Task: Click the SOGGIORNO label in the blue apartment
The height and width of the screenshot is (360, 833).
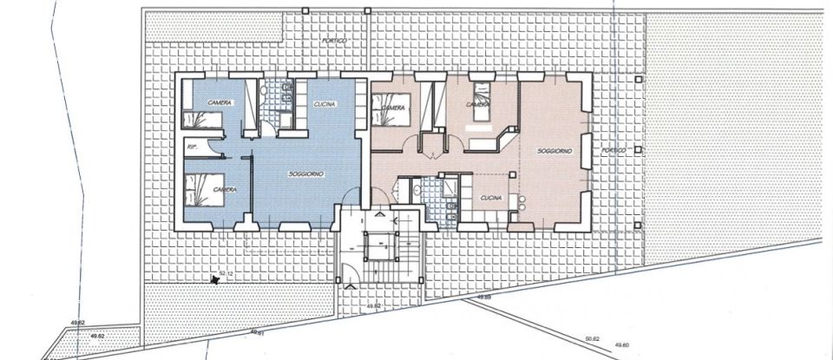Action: click(306, 175)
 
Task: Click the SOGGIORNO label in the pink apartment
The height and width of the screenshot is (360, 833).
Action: click(554, 151)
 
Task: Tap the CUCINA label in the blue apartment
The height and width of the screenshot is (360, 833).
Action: click(324, 104)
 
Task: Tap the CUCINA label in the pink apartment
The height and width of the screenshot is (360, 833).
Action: click(492, 199)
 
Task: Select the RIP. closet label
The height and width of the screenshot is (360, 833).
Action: click(192, 148)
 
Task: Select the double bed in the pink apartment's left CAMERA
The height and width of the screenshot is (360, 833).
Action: click(388, 109)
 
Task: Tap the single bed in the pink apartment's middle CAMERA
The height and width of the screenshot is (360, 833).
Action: click(479, 91)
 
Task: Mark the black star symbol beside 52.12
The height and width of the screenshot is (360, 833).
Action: click(213, 279)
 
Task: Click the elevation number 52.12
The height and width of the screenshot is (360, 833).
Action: click(227, 273)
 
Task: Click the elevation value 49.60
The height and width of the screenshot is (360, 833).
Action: click(622, 344)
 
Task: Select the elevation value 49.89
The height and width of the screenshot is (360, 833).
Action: click(484, 298)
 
